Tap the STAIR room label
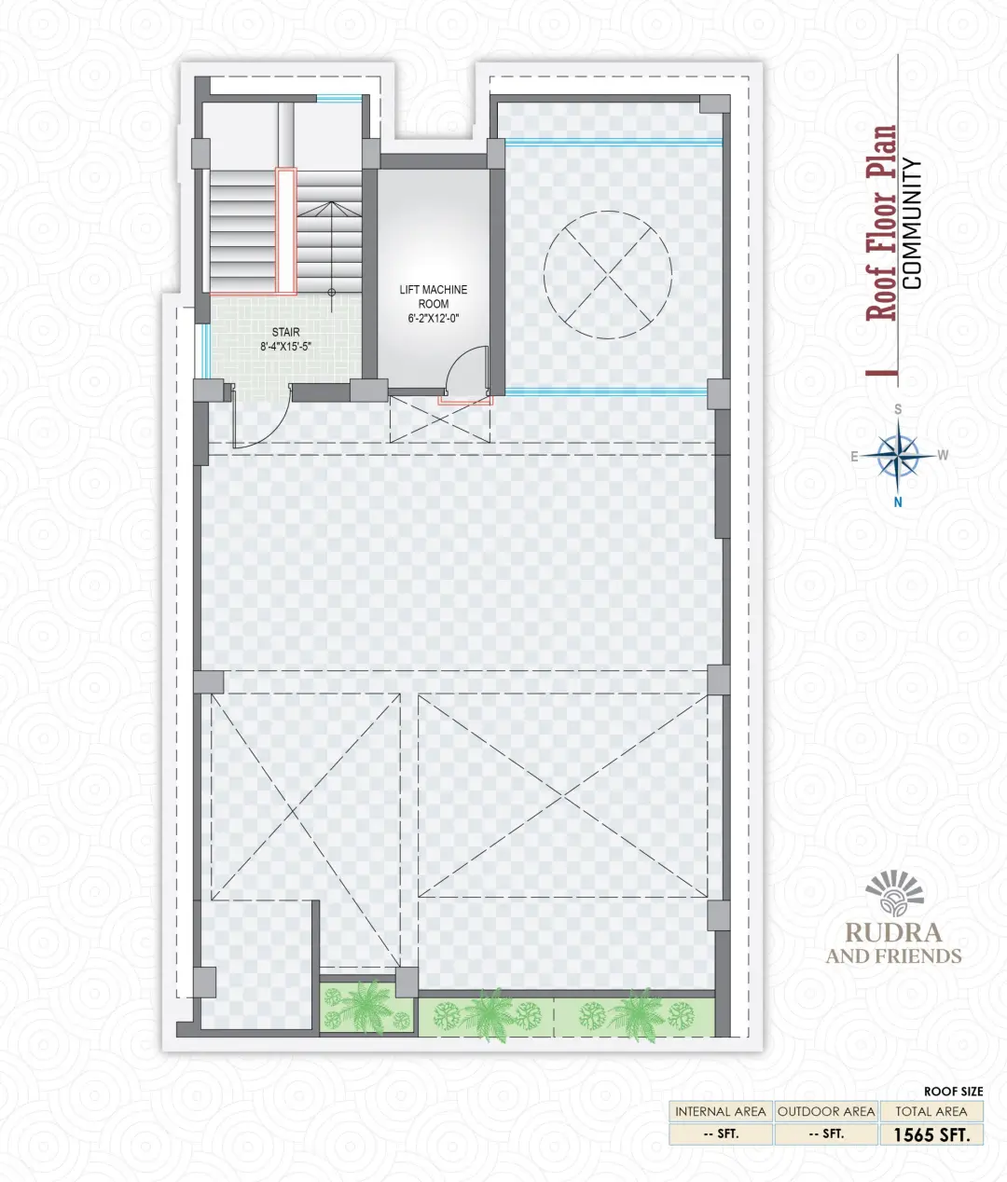pos(285,332)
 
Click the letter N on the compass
pos(898,502)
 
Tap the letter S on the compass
pos(898,409)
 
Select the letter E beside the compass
pos(854,457)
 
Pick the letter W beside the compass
pos(943,455)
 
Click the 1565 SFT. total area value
pos(931,1134)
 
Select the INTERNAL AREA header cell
pos(721,1112)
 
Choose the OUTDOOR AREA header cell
pos(826,1112)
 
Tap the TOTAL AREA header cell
pos(931,1112)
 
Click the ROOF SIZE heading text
pos(954,1091)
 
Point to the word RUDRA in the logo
pos(893,933)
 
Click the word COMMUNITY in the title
pos(912,224)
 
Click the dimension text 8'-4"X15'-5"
pos(285,347)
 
